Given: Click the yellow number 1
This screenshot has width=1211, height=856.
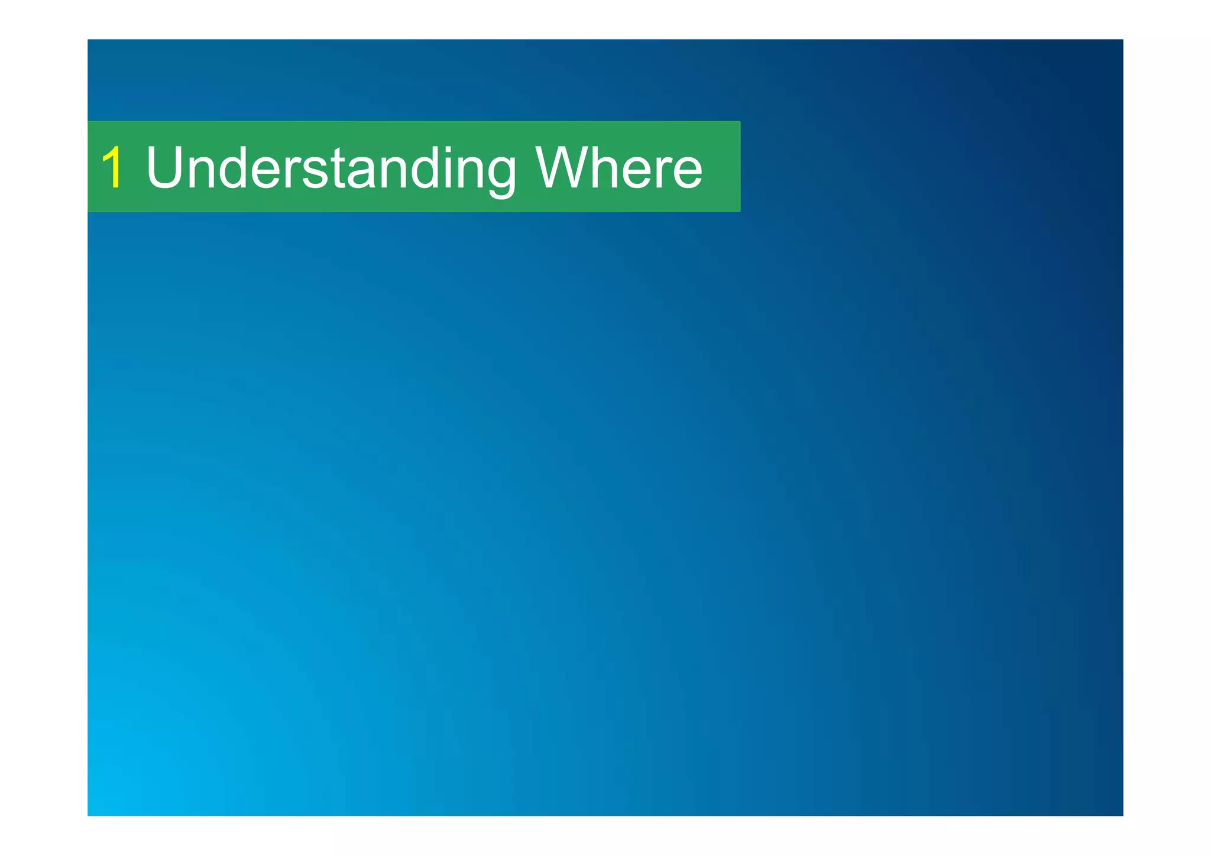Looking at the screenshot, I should pyautogui.click(x=113, y=168).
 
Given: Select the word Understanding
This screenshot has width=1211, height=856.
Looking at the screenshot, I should pyautogui.click(x=331, y=169).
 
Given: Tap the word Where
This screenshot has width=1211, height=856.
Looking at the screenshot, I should pyautogui.click(x=619, y=168).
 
